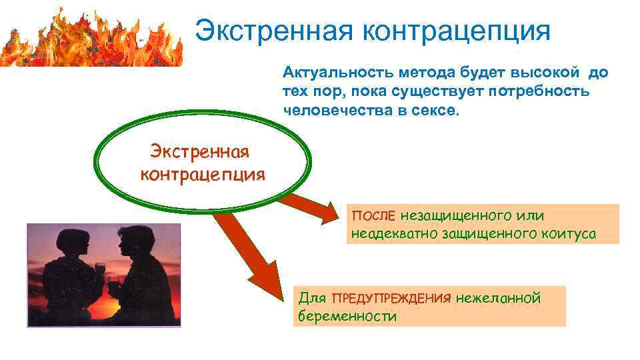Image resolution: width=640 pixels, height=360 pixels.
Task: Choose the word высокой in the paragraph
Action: click(540, 73)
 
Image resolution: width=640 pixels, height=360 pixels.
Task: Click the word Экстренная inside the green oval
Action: click(199, 152)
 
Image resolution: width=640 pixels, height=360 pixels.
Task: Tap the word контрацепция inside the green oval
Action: click(203, 175)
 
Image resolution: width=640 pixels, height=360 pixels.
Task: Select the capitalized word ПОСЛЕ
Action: click(373, 216)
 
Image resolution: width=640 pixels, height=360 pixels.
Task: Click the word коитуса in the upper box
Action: click(569, 235)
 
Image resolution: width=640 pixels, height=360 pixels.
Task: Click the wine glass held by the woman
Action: click(100, 270)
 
